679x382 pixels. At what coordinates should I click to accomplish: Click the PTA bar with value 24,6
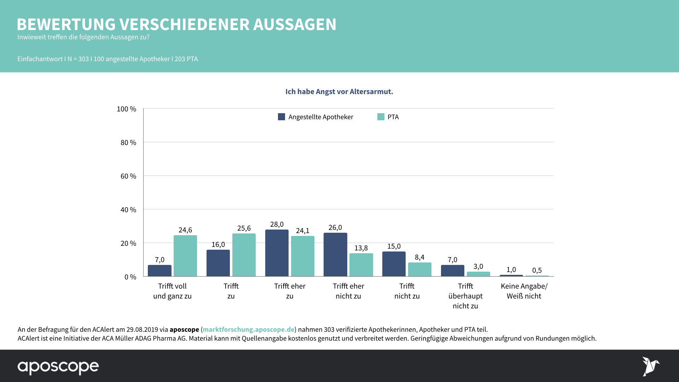pos(185,256)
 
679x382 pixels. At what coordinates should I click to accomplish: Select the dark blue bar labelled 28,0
pos(277,253)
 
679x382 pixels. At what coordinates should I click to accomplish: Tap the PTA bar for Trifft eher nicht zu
pos(361,265)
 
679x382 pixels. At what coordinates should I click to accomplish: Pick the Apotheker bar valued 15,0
pos(394,264)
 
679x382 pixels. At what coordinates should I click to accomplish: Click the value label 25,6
pos(244,228)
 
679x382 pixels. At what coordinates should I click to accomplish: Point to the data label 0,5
pos(537,270)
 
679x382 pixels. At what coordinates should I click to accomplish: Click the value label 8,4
pos(419,257)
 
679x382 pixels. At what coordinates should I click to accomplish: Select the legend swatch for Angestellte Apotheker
pos(282,117)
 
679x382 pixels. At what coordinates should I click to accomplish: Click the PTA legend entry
pos(388,117)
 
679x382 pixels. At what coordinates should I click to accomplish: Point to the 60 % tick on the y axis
pos(128,176)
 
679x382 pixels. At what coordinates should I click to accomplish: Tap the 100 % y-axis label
pos(126,109)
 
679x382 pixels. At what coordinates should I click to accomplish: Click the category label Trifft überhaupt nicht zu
pos(465,296)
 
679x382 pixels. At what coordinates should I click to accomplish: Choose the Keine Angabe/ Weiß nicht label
pos(524,291)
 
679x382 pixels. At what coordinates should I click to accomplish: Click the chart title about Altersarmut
pos(339,92)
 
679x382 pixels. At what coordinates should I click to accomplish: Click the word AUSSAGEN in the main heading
pos(295,24)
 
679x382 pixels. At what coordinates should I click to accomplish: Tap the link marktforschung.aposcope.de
pos(248,329)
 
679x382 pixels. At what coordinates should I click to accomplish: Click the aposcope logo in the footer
pos(58,367)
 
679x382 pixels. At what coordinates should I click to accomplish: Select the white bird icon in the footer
pos(650,366)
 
